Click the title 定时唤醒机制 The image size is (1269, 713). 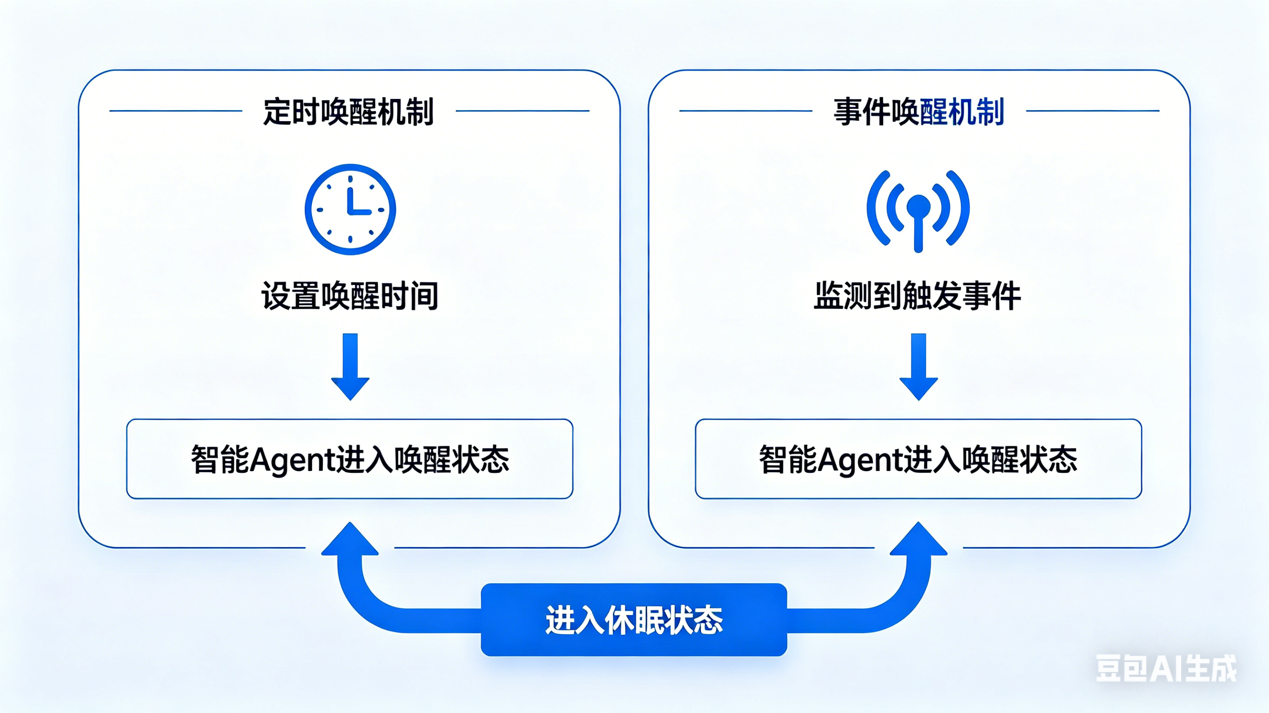tap(348, 112)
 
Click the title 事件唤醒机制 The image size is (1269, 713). tap(918, 112)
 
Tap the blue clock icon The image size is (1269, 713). tap(350, 209)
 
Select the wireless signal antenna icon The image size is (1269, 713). tap(918, 209)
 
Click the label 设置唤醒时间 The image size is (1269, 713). tap(350, 296)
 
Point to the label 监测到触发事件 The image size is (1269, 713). tap(917, 296)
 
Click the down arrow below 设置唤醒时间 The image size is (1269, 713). tap(350, 366)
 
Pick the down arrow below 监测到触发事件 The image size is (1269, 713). tap(919, 366)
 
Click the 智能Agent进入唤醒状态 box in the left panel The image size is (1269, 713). tap(350, 459)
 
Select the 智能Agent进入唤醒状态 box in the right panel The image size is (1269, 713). tap(918, 459)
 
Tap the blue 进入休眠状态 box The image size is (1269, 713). tap(634, 620)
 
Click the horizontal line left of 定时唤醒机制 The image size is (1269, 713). tap(176, 111)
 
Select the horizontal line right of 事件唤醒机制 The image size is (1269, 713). tap(1093, 111)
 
